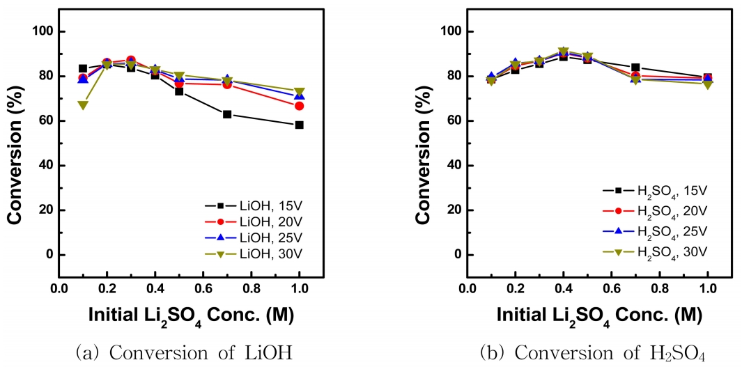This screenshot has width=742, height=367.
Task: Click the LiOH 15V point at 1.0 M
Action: tap(300, 125)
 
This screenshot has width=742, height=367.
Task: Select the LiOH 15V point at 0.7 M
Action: tap(227, 114)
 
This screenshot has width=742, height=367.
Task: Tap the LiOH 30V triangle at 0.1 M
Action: tap(83, 105)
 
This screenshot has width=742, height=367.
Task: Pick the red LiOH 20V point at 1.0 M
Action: tap(300, 106)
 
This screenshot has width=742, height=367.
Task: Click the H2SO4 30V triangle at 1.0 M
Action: tap(708, 84)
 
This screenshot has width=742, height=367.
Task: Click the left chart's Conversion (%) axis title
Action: tap(15, 142)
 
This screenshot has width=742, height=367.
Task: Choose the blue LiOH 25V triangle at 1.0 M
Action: tap(300, 96)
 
